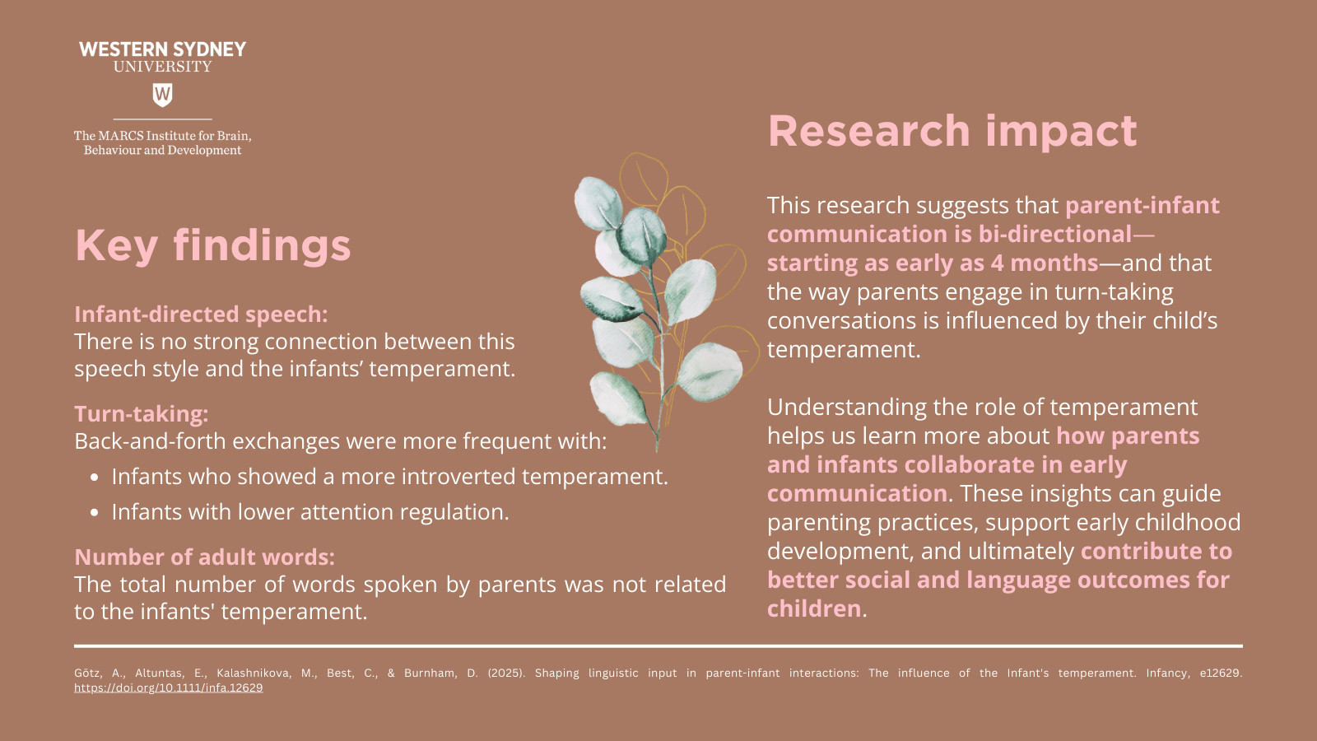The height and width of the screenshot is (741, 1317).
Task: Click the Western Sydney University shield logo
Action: click(x=162, y=95)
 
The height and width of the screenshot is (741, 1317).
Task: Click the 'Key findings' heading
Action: click(x=213, y=246)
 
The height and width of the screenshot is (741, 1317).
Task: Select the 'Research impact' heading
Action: click(x=952, y=132)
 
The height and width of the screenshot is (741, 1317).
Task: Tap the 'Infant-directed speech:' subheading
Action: click(x=201, y=314)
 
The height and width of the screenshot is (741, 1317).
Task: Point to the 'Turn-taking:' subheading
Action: click(x=141, y=414)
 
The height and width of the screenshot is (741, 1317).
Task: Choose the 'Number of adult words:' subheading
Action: click(x=205, y=557)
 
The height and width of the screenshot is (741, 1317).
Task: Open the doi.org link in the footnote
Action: click(x=168, y=688)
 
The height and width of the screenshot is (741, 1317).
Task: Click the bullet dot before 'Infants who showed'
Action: click(x=95, y=478)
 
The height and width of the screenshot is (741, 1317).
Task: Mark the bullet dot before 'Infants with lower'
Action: click(x=95, y=513)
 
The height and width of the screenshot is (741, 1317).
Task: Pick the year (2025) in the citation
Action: click(x=506, y=673)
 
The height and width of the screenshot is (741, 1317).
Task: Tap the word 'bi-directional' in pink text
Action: click(x=1054, y=234)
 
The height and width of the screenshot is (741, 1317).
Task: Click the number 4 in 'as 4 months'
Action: click(x=997, y=263)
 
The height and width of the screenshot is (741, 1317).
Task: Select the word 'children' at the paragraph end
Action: click(x=814, y=608)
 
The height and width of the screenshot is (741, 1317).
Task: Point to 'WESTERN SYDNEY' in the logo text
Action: click(x=162, y=49)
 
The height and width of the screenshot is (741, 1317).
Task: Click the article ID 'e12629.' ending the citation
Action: click(x=1221, y=673)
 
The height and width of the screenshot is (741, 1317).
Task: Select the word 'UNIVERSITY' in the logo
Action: click(x=162, y=67)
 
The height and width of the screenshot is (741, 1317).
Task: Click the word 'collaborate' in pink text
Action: click(x=970, y=464)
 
